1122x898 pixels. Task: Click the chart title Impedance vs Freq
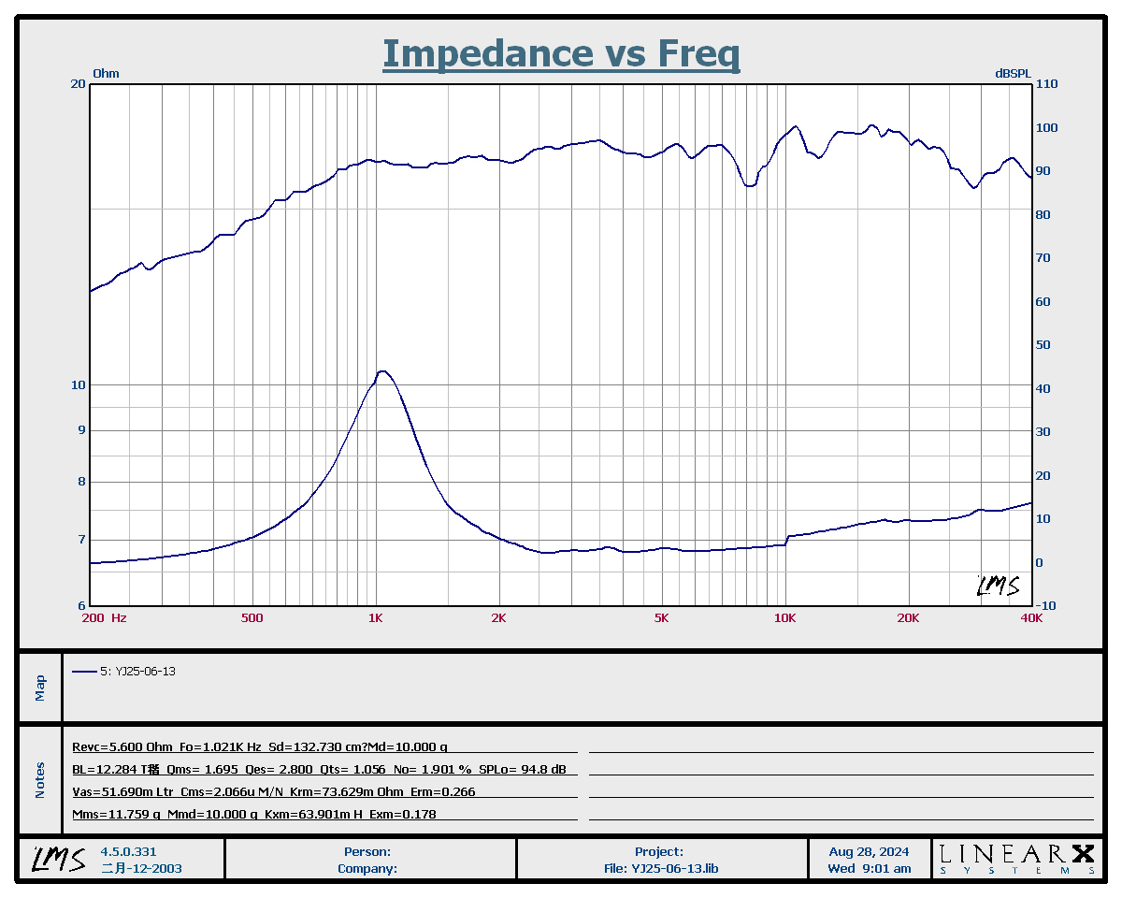tap(561, 53)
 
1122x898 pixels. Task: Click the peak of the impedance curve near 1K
tap(381, 371)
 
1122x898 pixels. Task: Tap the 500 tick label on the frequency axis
tap(252, 618)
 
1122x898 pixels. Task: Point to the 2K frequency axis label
tap(498, 618)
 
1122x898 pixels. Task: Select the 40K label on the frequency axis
tap(1031, 618)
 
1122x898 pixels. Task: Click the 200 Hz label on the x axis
tap(105, 618)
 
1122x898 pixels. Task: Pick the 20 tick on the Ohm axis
tap(79, 84)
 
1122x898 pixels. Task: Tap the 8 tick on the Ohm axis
tap(81, 482)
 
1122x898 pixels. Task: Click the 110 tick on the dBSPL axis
tap(1046, 84)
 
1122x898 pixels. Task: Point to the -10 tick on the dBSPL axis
tap(1046, 606)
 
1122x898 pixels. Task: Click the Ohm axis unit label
tap(106, 73)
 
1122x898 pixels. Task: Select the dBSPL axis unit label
tap(1013, 73)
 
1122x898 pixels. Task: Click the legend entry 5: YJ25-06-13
tap(137, 672)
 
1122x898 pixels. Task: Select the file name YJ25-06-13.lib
tap(674, 868)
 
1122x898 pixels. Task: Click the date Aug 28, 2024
tap(869, 852)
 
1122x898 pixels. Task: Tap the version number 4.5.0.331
tap(129, 852)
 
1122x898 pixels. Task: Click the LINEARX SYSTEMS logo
tap(1016, 859)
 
